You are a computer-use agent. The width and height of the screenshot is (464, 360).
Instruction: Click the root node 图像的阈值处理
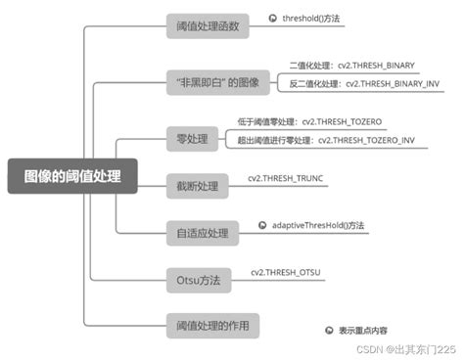(x=72, y=176)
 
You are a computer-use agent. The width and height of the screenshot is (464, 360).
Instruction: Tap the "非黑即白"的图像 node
(x=215, y=82)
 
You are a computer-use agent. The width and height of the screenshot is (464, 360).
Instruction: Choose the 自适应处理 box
(x=202, y=233)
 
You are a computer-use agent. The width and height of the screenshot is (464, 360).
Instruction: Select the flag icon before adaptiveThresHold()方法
(x=263, y=225)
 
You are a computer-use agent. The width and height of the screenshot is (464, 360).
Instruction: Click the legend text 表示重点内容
(x=363, y=332)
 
